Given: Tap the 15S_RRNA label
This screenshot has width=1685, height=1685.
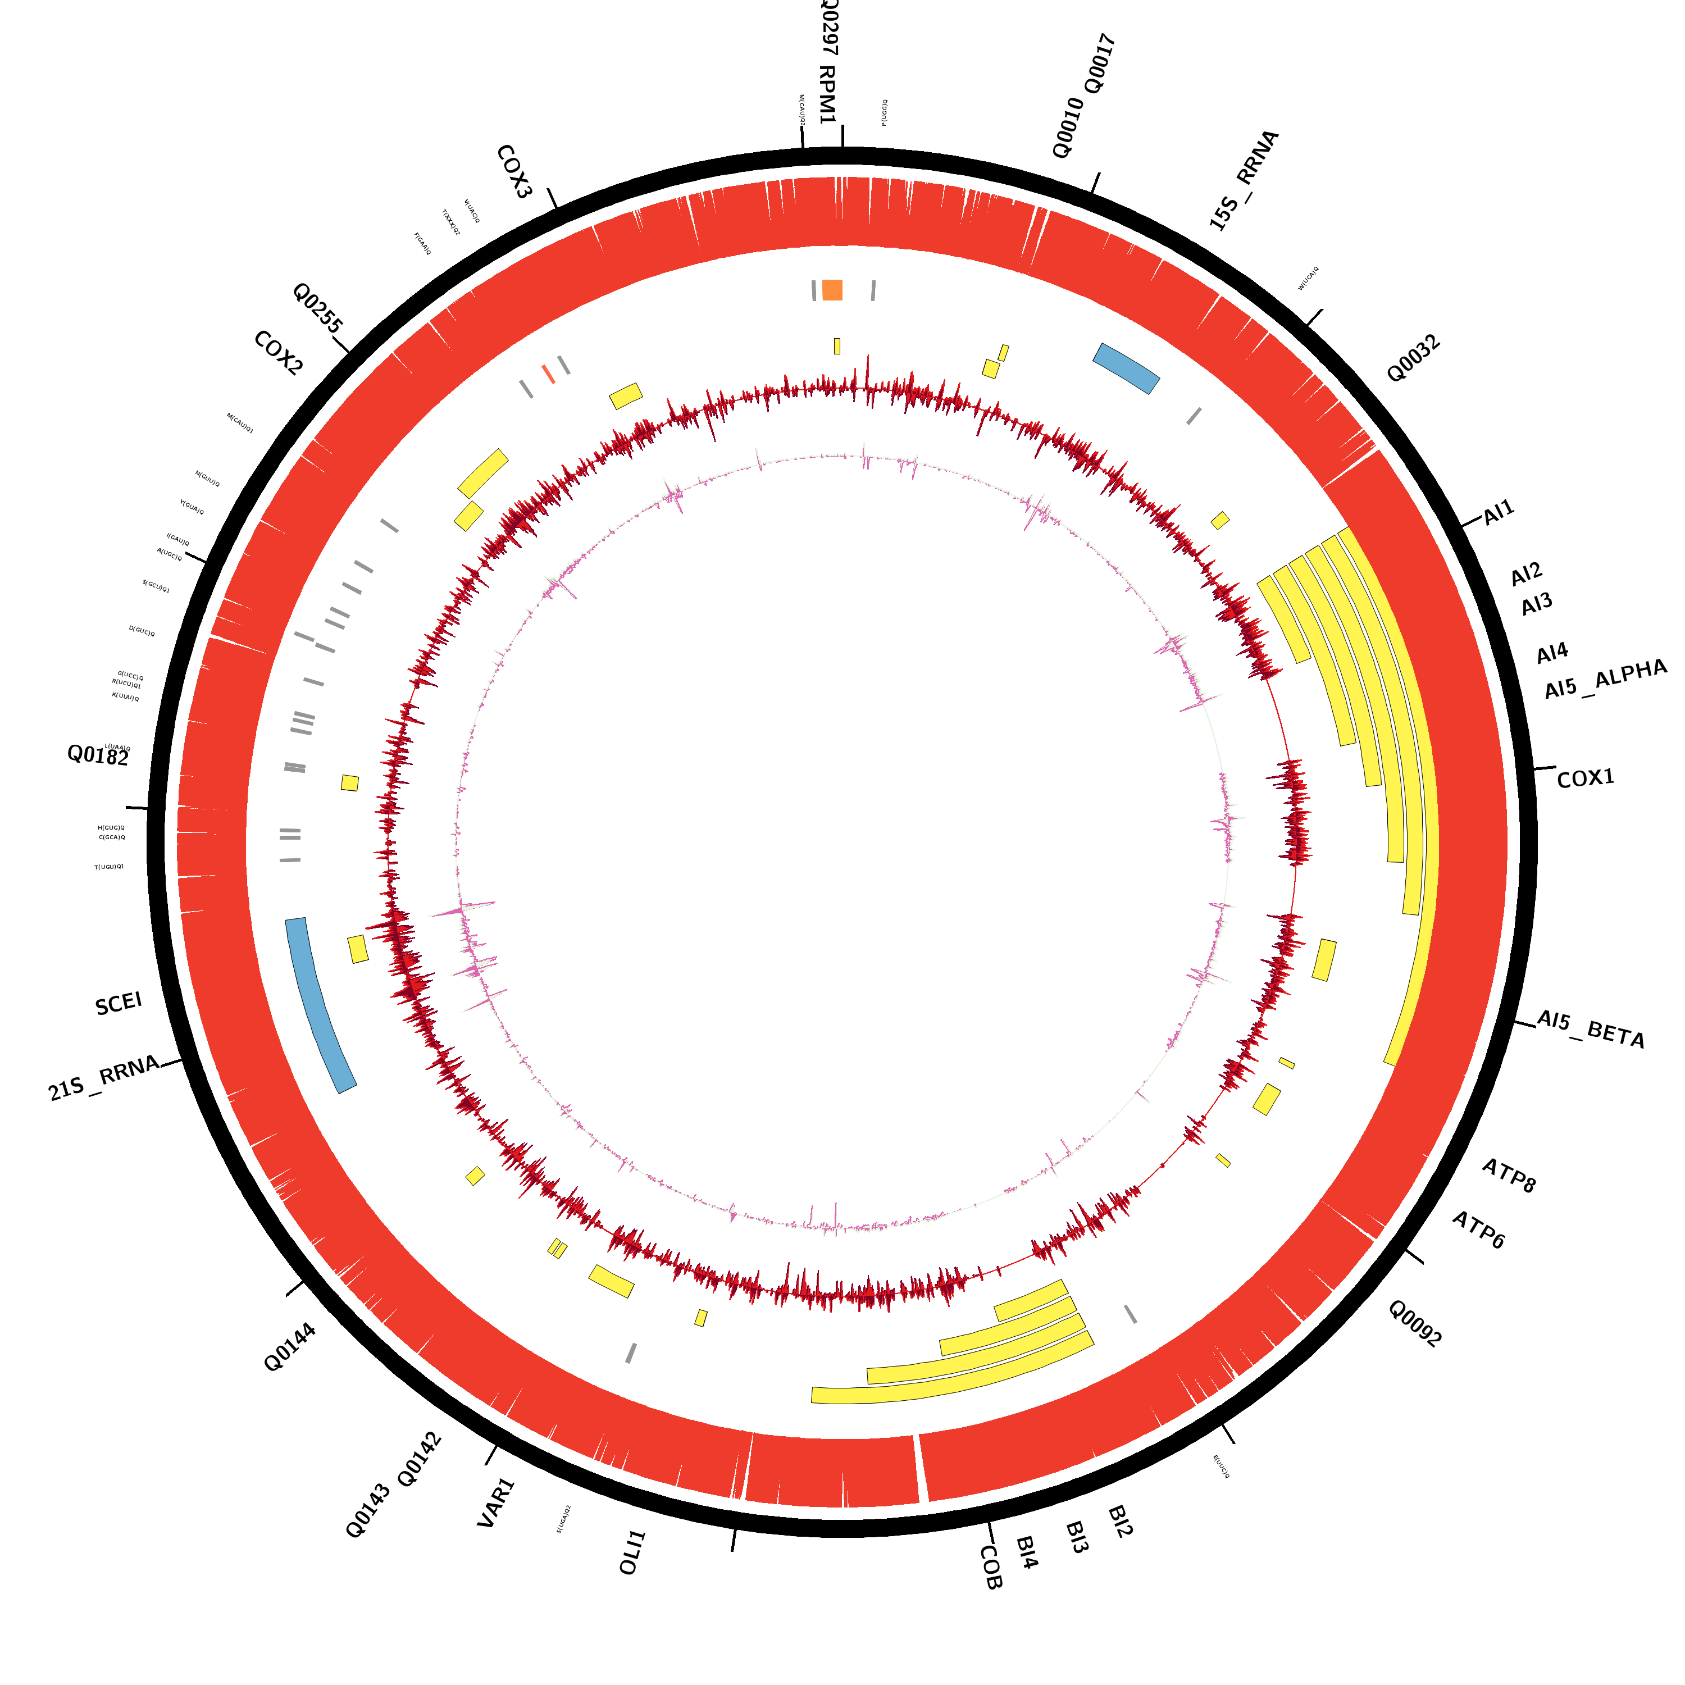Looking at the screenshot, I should click(1244, 180).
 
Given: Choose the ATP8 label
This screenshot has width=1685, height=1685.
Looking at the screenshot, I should click(1508, 1176).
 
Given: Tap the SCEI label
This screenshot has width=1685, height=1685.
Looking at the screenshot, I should click(119, 1004).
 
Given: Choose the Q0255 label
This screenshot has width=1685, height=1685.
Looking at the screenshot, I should click(317, 308).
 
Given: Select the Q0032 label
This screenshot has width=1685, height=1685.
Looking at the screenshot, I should click(1413, 358).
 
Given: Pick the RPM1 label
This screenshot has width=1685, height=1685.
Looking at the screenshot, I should click(827, 94).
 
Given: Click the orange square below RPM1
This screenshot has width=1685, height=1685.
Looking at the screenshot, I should click(832, 290).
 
